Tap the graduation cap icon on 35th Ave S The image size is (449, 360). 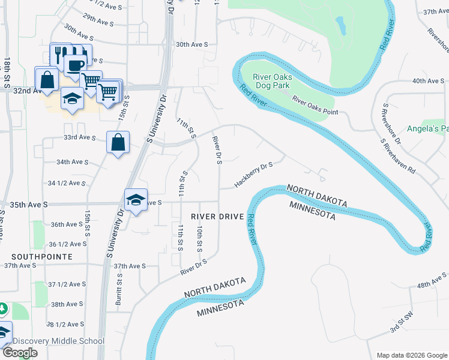click(x=136, y=199)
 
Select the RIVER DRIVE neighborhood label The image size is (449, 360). click(x=217, y=216)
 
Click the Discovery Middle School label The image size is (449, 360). click(x=58, y=341)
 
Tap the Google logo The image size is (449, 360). click(x=20, y=353)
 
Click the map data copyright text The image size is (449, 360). click(x=411, y=355)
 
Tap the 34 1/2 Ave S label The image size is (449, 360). click(x=67, y=183)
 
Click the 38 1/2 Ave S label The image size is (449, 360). click(x=65, y=325)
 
